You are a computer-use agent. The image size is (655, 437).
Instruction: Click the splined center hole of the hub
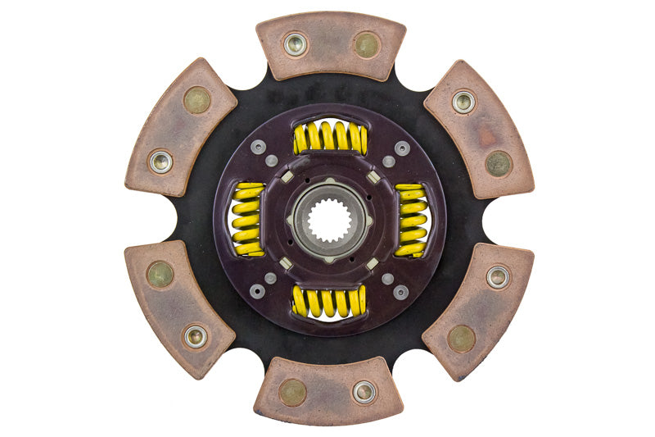[x=329, y=220]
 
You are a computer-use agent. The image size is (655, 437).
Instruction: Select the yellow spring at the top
[x=329, y=137]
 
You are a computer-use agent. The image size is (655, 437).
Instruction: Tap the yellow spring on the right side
[x=411, y=220]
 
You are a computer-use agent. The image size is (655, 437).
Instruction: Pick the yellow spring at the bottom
[x=329, y=302]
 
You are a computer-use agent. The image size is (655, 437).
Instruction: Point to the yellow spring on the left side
[x=247, y=220]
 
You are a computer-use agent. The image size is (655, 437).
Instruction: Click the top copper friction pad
[x=330, y=45]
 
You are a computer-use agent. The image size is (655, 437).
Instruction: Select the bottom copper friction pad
[x=328, y=391]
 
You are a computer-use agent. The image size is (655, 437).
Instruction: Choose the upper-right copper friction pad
[x=479, y=129]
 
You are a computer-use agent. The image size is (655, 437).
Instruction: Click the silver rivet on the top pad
[x=295, y=43]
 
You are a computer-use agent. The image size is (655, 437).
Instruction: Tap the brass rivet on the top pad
[x=366, y=44]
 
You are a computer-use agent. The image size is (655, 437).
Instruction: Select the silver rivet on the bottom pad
[x=364, y=392]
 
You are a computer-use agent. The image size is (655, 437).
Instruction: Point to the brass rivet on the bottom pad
[x=292, y=393]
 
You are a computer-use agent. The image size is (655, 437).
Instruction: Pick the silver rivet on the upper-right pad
[x=463, y=102]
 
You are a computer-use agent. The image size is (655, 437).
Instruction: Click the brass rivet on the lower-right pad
[x=462, y=338]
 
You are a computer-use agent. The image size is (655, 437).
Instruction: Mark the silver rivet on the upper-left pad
[x=161, y=161]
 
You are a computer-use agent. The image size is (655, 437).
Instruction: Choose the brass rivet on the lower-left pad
[x=160, y=275]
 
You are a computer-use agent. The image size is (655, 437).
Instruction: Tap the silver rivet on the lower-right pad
[x=498, y=276]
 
